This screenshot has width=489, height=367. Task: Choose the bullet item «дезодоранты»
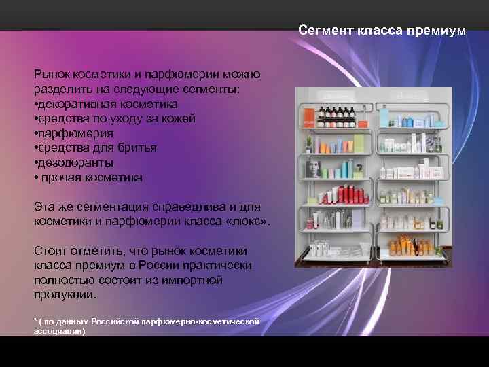pyautogui.click(x=75, y=162)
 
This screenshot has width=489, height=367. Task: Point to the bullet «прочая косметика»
pyautogui.click(x=90, y=177)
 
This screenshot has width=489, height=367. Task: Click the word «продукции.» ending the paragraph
pyautogui.click(x=65, y=295)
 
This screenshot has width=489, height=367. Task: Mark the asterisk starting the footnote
pyautogui.click(x=35, y=321)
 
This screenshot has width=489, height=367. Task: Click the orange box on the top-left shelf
pyautogui.click(x=308, y=116)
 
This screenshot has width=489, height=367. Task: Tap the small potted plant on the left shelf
pyautogui.click(x=308, y=143)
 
